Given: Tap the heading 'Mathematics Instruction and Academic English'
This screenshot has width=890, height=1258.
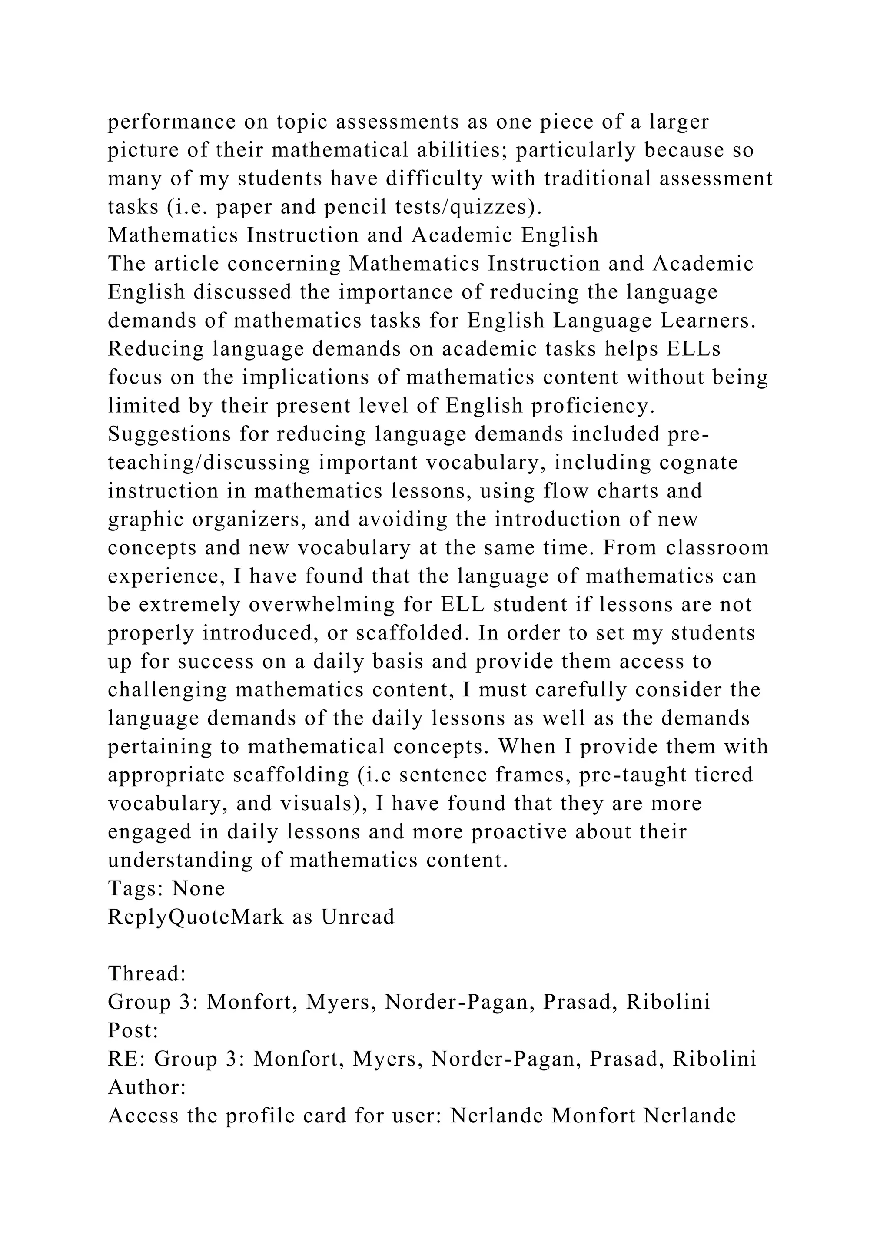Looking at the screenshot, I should (x=353, y=235).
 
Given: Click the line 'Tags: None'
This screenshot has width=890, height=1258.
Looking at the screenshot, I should (x=166, y=889).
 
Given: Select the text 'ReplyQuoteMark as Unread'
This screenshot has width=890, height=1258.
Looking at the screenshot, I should (x=251, y=917).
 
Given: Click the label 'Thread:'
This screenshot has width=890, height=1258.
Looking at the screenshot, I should (x=147, y=973).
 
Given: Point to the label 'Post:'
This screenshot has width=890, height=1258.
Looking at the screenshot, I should (x=133, y=1031).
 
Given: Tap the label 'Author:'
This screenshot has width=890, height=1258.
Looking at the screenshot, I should (x=147, y=1088).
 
